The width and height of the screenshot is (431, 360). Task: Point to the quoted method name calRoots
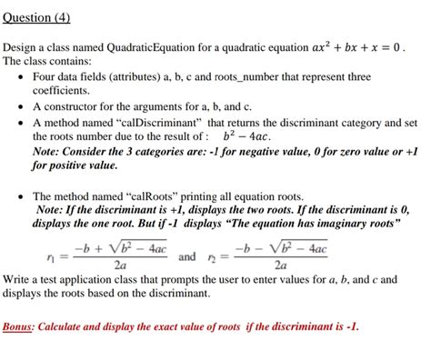[150, 194]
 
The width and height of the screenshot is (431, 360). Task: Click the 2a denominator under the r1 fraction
[120, 267]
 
